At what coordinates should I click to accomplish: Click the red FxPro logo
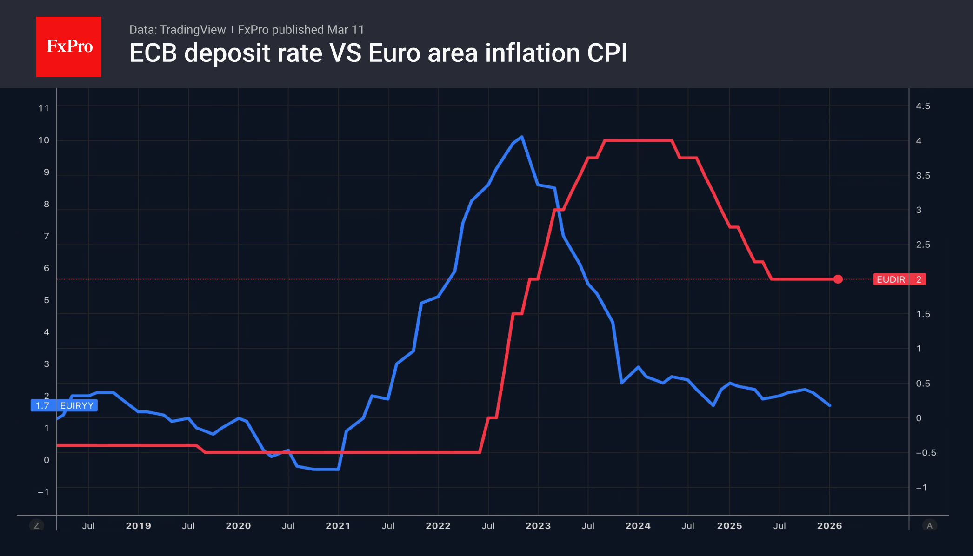[69, 46]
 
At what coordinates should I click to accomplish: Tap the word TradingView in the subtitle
[192, 30]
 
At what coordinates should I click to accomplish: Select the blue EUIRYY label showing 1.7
[64, 405]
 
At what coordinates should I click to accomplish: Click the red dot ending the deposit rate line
[838, 279]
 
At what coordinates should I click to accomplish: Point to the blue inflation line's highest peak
[522, 137]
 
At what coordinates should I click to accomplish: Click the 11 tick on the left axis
[43, 108]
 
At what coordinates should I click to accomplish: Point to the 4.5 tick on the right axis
[923, 106]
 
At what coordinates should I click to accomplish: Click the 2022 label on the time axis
[438, 526]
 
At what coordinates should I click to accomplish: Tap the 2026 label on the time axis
[829, 526]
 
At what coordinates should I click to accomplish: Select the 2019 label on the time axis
[138, 526]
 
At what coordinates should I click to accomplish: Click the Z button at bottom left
[36, 526]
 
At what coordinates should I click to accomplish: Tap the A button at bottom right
[929, 526]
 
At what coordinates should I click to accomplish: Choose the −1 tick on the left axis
[43, 492]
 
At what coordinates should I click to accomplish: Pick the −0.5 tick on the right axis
[925, 453]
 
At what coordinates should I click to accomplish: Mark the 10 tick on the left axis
[43, 140]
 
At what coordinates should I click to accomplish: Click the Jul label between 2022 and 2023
[488, 526]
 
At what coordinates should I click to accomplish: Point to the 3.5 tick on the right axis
[923, 176]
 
